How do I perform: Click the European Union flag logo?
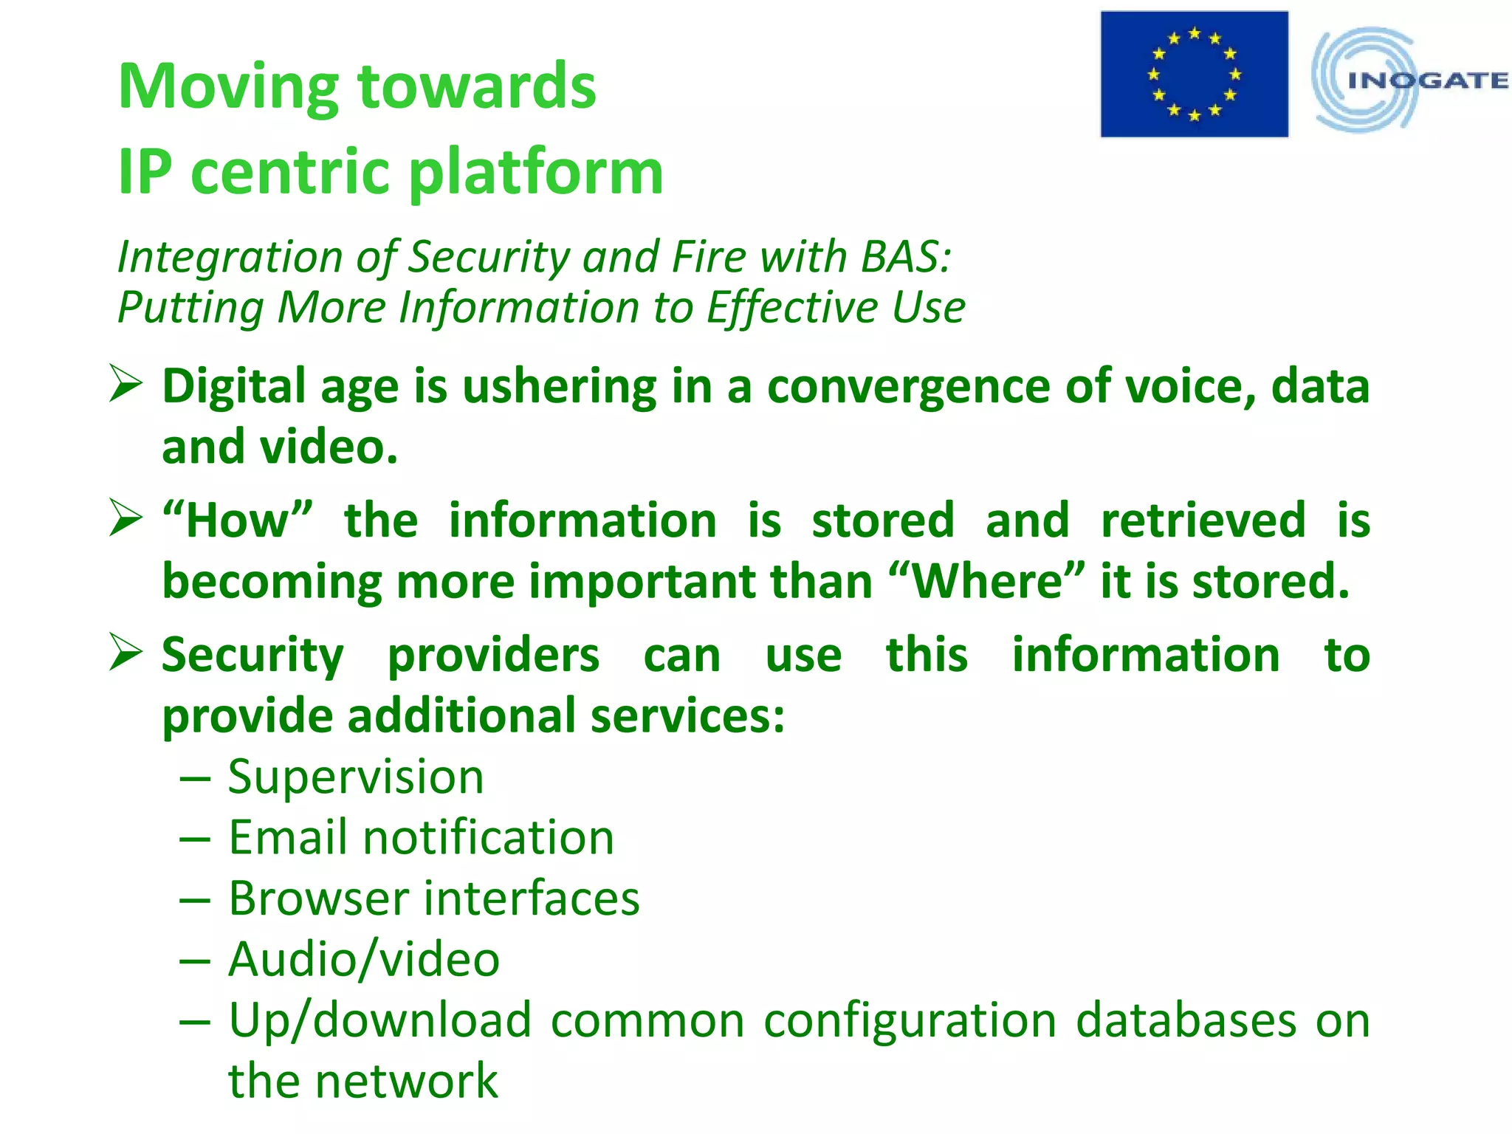(1194, 74)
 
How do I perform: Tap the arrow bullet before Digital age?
(125, 384)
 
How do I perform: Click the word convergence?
(907, 387)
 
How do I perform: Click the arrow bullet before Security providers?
(125, 653)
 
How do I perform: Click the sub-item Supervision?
(356, 777)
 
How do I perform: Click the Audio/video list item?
(364, 960)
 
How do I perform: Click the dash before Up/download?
(195, 1022)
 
